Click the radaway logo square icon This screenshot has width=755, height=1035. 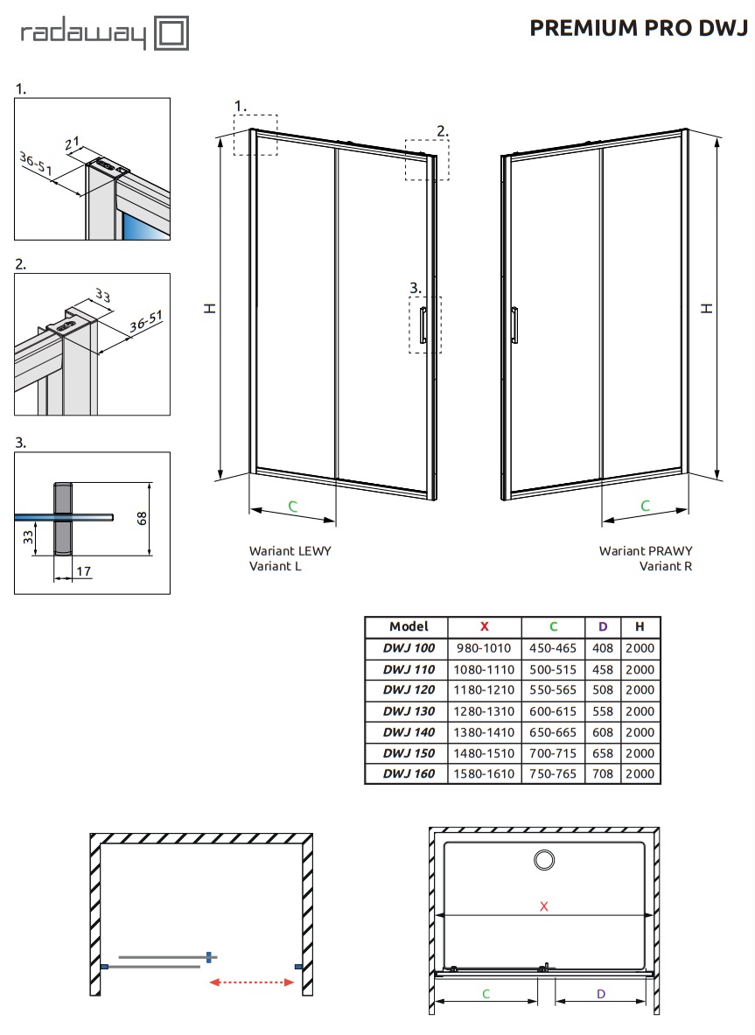pos(171,33)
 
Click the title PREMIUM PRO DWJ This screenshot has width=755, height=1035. pos(639,28)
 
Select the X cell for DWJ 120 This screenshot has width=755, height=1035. pos(484,689)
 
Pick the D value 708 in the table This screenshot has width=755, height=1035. pos(603,773)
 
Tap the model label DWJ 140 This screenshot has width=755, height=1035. pos(409,732)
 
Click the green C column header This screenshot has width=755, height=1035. pos(553,626)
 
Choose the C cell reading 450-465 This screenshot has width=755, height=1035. pos(552,648)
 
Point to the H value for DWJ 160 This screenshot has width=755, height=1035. pos(640,773)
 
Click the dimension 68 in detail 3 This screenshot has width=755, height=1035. pos(142,519)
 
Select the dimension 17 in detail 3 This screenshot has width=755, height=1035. pos(84,571)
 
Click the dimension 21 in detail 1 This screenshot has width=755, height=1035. pos(73,143)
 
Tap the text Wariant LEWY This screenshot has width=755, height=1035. pos(290,550)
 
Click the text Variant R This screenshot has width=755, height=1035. pos(665,566)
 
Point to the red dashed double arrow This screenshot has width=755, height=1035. pos(251,983)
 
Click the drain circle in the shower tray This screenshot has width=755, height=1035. pos(544,860)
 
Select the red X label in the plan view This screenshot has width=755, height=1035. pos(544,906)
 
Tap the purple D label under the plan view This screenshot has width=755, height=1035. pos(600,994)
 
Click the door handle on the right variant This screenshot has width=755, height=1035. pos(514,325)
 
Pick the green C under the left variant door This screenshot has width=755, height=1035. pos(292,507)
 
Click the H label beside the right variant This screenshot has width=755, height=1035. pos(707,308)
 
